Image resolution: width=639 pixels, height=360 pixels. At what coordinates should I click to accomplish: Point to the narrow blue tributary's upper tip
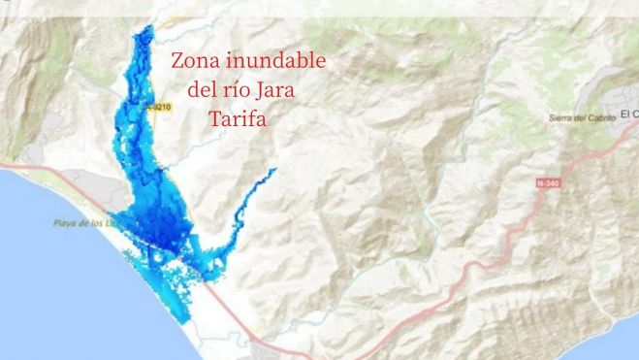(275, 170)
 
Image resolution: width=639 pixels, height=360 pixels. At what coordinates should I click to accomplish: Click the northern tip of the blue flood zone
(146, 30)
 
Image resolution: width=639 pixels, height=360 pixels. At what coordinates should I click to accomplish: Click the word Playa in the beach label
(65, 224)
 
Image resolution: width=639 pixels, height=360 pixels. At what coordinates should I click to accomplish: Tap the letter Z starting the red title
(177, 60)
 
